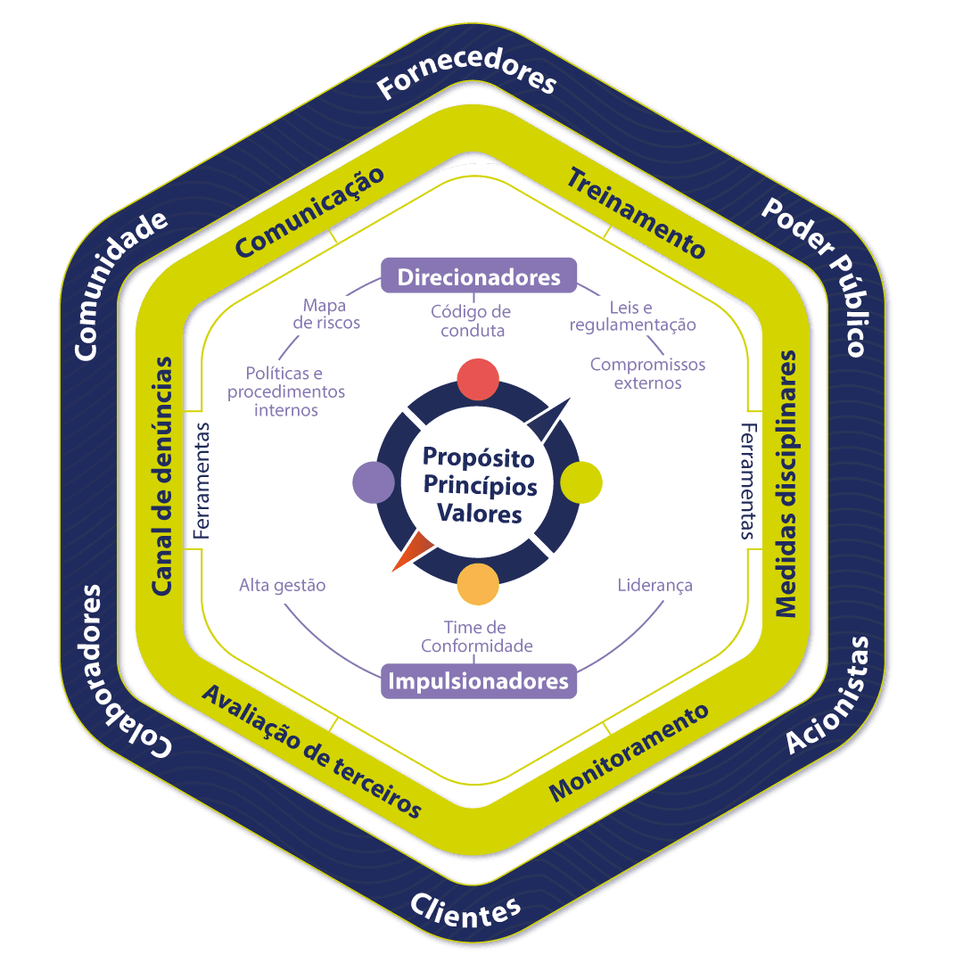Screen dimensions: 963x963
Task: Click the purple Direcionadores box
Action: (479, 276)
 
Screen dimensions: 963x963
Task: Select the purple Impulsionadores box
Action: (479, 681)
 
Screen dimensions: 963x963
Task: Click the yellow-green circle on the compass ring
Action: (580, 482)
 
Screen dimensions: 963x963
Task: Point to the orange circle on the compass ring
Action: (478, 584)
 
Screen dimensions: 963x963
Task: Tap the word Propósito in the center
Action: (479, 457)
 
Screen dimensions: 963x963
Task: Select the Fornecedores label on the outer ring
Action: (466, 78)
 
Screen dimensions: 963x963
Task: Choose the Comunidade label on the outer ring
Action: (121, 285)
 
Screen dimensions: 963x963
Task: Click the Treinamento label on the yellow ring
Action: (636, 211)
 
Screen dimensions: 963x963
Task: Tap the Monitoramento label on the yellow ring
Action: (629, 753)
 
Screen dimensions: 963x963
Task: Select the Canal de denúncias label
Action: (162, 476)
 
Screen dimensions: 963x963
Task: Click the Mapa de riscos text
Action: (326, 313)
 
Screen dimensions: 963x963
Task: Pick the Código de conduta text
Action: (471, 321)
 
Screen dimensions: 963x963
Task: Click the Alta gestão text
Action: (282, 586)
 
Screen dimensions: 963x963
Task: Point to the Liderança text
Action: (654, 586)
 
